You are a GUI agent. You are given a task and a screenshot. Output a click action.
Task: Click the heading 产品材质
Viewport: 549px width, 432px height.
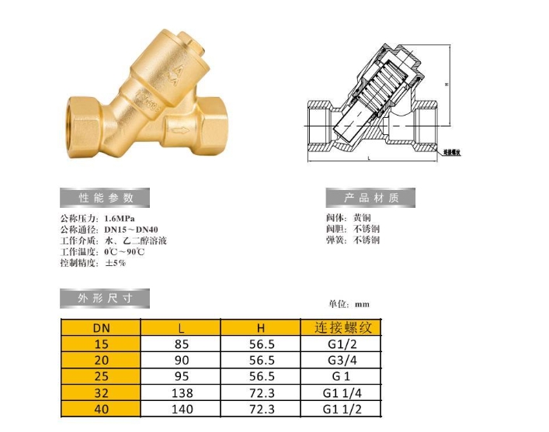[x=370, y=198]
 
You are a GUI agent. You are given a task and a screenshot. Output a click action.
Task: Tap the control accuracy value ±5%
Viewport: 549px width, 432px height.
[x=115, y=263]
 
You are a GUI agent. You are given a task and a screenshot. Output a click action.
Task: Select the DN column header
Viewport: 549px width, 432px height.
[x=101, y=327]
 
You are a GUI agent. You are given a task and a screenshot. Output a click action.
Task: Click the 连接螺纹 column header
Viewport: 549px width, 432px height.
[x=342, y=327]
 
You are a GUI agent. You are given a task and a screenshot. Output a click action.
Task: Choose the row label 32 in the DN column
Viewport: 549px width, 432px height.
[x=101, y=393]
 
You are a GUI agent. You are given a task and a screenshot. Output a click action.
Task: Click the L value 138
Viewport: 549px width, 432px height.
[x=181, y=393]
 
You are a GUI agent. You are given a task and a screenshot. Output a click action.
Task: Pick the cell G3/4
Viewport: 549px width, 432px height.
[x=342, y=360]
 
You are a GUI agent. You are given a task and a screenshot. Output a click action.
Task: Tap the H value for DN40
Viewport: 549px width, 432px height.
[x=261, y=410]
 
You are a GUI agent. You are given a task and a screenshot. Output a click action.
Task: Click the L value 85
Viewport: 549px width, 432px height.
[x=181, y=344]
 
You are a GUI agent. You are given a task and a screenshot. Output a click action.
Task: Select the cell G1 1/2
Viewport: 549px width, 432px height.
[x=342, y=410]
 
